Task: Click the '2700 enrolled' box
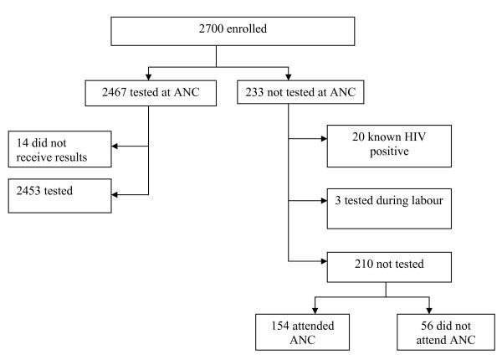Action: tap(218, 33)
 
